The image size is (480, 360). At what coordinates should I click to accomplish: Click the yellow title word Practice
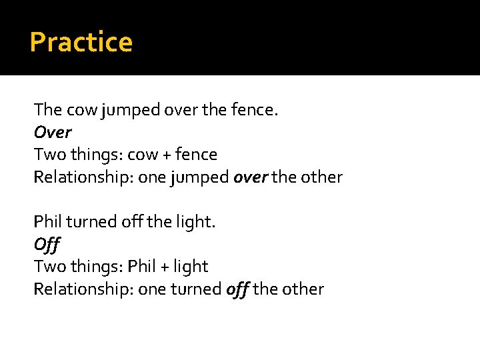[81, 43]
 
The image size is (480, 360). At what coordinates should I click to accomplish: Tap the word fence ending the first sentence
[253, 110]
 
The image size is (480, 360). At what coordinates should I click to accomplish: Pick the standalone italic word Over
[53, 132]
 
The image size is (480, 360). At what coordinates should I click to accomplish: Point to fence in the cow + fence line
[199, 155]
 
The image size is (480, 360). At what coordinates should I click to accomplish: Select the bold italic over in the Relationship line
[246, 177]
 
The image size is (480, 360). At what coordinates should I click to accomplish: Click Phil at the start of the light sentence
[47, 222]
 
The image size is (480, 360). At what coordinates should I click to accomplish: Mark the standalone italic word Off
[47, 245]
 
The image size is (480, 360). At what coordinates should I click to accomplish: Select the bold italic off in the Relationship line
[237, 289]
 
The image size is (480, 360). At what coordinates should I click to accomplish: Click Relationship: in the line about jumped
[83, 178]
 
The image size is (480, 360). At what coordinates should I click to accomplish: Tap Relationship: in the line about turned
[83, 289]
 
